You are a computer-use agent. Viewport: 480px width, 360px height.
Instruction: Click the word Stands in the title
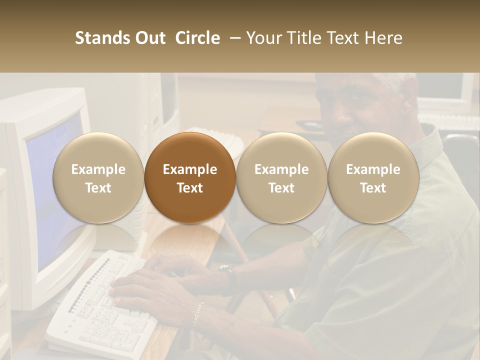pos(102,38)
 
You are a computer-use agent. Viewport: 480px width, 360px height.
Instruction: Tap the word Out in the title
pos(149,38)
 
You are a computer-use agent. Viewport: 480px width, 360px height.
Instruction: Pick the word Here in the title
pos(383,38)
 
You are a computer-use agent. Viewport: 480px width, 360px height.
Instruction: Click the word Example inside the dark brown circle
pos(190,169)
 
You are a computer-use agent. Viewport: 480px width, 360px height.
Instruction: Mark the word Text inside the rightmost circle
pos(373,188)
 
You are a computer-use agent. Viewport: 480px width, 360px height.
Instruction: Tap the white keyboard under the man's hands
pos(100,310)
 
